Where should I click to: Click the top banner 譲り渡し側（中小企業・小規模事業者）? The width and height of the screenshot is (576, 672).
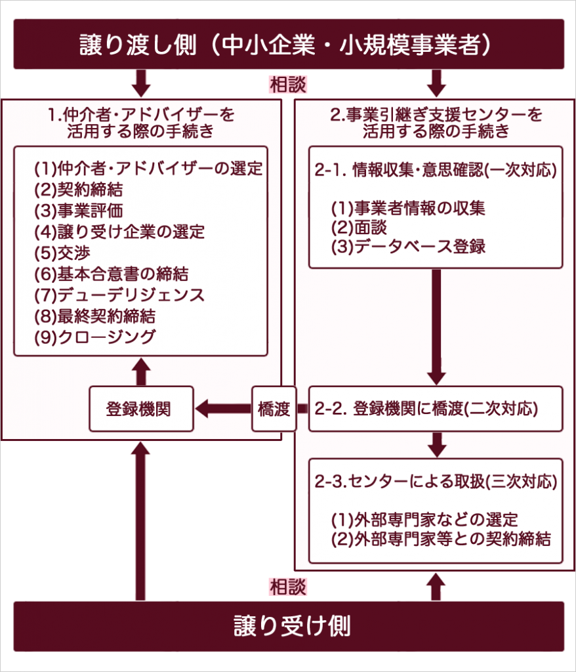(x=289, y=44)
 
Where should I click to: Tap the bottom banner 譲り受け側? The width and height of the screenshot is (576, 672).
(x=289, y=626)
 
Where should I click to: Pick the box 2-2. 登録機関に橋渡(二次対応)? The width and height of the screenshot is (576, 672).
(x=435, y=409)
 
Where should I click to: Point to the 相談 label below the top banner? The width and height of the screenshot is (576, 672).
(x=287, y=85)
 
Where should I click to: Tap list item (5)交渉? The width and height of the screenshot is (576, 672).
(x=62, y=253)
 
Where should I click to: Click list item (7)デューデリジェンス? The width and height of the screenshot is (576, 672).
(x=119, y=295)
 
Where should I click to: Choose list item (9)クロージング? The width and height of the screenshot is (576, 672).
(x=95, y=337)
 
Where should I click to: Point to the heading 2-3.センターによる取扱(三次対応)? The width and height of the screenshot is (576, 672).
(x=436, y=482)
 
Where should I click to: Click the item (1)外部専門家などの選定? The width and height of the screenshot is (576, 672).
(x=424, y=520)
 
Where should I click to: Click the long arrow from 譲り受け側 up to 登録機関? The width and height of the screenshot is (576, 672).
(x=141, y=518)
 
